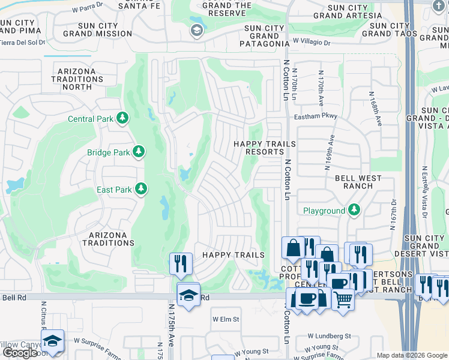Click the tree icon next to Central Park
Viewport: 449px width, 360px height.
pyautogui.click(x=123, y=118)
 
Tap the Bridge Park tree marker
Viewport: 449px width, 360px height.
pyautogui.click(x=139, y=152)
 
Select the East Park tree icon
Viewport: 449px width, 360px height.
pyautogui.click(x=141, y=190)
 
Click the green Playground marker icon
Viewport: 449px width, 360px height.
pyautogui.click(x=354, y=210)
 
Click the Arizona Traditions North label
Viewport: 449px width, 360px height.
pyautogui.click(x=77, y=79)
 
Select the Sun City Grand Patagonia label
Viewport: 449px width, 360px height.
pyautogui.click(x=261, y=35)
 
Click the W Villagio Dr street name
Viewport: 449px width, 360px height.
pyautogui.click(x=312, y=43)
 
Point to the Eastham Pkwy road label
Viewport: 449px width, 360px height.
pyautogui.click(x=315, y=116)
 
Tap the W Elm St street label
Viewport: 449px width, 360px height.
pyautogui.click(x=226, y=319)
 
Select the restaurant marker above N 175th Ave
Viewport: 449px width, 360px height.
pyautogui.click(x=181, y=263)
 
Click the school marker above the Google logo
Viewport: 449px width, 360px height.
pyautogui.click(x=53, y=340)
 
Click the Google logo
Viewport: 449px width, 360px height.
pyautogui.click(x=20, y=353)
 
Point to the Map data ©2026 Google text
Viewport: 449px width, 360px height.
pyautogui.click(x=412, y=355)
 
